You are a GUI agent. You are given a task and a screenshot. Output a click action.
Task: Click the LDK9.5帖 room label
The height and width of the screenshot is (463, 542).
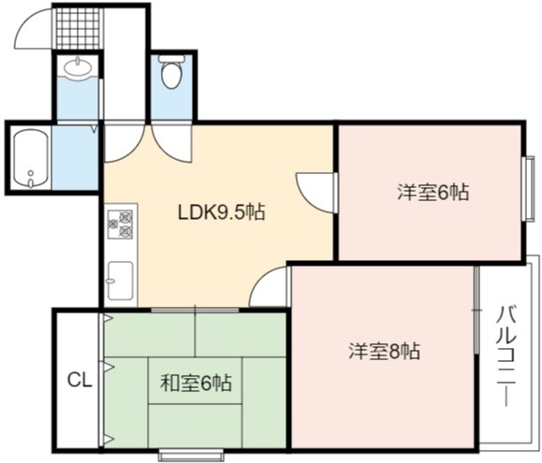[x=221, y=212]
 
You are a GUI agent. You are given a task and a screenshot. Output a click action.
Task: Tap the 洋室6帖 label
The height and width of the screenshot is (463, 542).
[x=433, y=193]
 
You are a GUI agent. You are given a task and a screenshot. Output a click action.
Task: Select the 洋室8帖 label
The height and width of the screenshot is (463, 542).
[x=385, y=351]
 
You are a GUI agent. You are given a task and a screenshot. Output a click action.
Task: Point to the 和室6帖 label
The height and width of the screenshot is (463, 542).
[x=196, y=383]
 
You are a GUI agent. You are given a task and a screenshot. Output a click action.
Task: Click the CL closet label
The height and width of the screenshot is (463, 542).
[x=80, y=380]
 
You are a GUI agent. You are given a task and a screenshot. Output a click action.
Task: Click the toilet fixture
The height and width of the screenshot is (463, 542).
[x=171, y=73]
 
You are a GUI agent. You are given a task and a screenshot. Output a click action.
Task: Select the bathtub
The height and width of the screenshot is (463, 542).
[x=30, y=158]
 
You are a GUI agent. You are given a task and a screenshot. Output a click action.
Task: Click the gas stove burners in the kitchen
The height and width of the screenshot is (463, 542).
[x=121, y=224]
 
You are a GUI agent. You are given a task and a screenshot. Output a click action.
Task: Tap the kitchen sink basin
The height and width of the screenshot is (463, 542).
[x=121, y=281]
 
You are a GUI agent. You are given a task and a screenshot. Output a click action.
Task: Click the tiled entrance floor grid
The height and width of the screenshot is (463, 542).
[x=78, y=28]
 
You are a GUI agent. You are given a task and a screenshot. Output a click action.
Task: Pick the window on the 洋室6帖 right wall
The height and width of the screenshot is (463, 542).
[x=529, y=188]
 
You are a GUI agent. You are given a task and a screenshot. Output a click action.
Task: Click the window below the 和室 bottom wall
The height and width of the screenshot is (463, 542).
[x=191, y=454]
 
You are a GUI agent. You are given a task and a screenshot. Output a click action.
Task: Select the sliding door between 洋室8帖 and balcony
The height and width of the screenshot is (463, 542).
[x=477, y=310]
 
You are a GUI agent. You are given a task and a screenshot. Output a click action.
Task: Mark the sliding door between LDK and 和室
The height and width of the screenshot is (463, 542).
[x=195, y=310]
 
